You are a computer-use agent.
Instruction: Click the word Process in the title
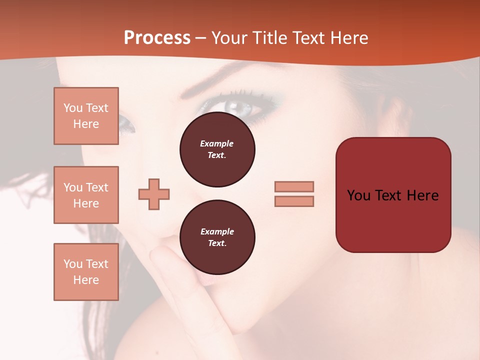click(157, 38)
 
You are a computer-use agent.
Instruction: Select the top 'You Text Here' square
click(86, 116)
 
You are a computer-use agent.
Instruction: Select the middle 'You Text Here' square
click(86, 195)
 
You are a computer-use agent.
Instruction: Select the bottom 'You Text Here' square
click(86, 272)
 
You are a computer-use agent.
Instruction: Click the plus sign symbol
click(154, 194)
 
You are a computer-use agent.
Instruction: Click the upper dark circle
click(217, 149)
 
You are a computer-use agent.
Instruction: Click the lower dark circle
click(217, 237)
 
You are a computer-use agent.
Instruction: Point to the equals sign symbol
click(294, 194)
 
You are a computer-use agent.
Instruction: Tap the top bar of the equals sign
click(294, 186)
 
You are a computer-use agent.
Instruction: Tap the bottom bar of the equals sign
click(294, 201)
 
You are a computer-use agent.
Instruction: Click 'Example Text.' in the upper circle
click(217, 149)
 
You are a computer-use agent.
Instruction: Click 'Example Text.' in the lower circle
click(217, 237)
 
